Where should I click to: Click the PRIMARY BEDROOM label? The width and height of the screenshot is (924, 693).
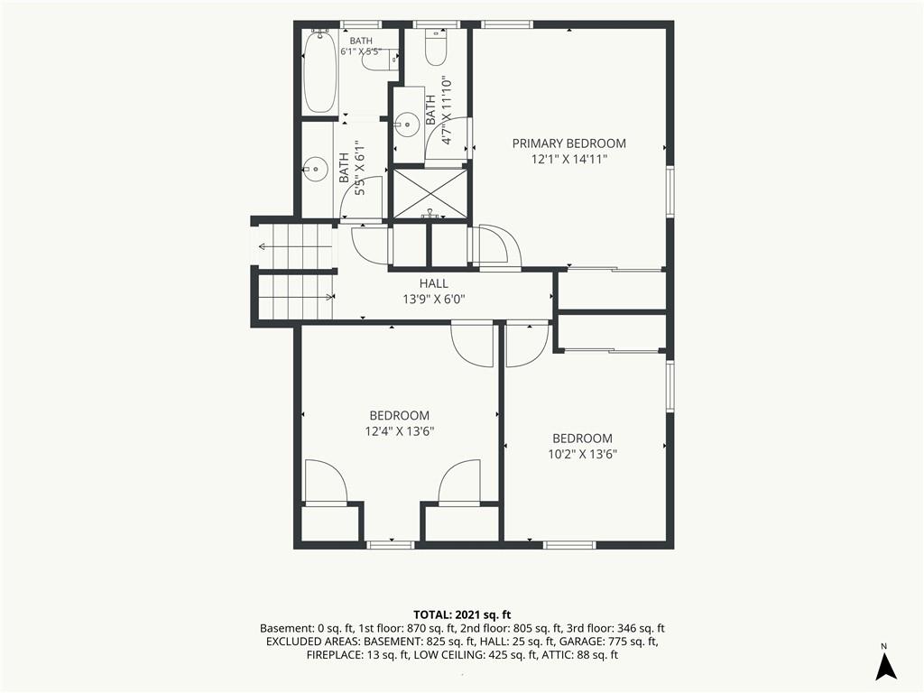pyautogui.click(x=568, y=143)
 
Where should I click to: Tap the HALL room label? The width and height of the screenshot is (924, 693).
pyautogui.click(x=434, y=283)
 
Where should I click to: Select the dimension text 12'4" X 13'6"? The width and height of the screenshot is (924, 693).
pyautogui.click(x=400, y=431)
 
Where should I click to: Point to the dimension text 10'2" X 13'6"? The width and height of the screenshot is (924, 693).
pyautogui.click(x=582, y=455)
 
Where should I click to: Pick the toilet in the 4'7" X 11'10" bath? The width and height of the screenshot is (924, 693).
pyautogui.click(x=437, y=47)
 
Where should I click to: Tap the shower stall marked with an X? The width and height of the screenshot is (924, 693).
pyautogui.click(x=430, y=193)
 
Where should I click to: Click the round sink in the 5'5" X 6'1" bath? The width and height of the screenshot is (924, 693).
pyautogui.click(x=316, y=169)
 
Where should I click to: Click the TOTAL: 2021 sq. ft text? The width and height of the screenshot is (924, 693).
pyautogui.click(x=462, y=615)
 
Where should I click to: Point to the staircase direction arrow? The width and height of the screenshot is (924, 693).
pyautogui.click(x=295, y=246)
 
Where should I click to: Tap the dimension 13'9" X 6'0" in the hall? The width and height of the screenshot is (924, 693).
pyautogui.click(x=434, y=300)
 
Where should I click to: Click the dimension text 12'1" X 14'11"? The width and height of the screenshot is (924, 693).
pyautogui.click(x=568, y=159)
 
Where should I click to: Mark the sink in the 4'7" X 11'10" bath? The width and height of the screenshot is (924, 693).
pyautogui.click(x=405, y=123)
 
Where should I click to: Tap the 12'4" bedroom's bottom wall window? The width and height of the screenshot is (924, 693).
pyautogui.click(x=391, y=544)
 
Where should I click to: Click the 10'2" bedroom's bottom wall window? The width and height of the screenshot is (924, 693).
pyautogui.click(x=568, y=544)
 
